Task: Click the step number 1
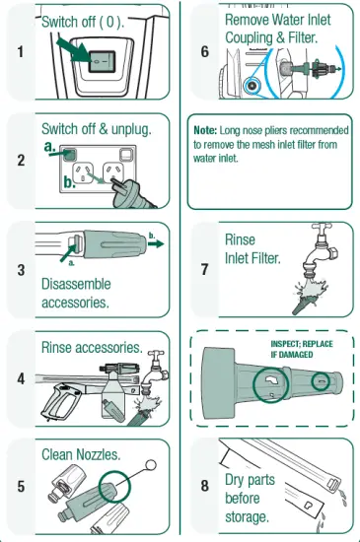[x=21, y=52]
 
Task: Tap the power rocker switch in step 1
[x=102, y=62]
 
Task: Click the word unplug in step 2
[x=131, y=129]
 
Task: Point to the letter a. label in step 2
[x=49, y=147]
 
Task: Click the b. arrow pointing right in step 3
[x=156, y=243]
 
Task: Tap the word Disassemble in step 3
[x=76, y=284]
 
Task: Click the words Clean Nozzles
[x=81, y=454]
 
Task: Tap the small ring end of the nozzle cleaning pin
[x=151, y=465]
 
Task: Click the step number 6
[x=205, y=52]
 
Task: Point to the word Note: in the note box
[x=205, y=130]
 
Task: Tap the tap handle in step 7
[x=322, y=227]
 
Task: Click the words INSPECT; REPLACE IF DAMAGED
[x=302, y=349]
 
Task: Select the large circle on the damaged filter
[x=270, y=384]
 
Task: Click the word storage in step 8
[x=247, y=517]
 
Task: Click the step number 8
[x=205, y=486]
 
